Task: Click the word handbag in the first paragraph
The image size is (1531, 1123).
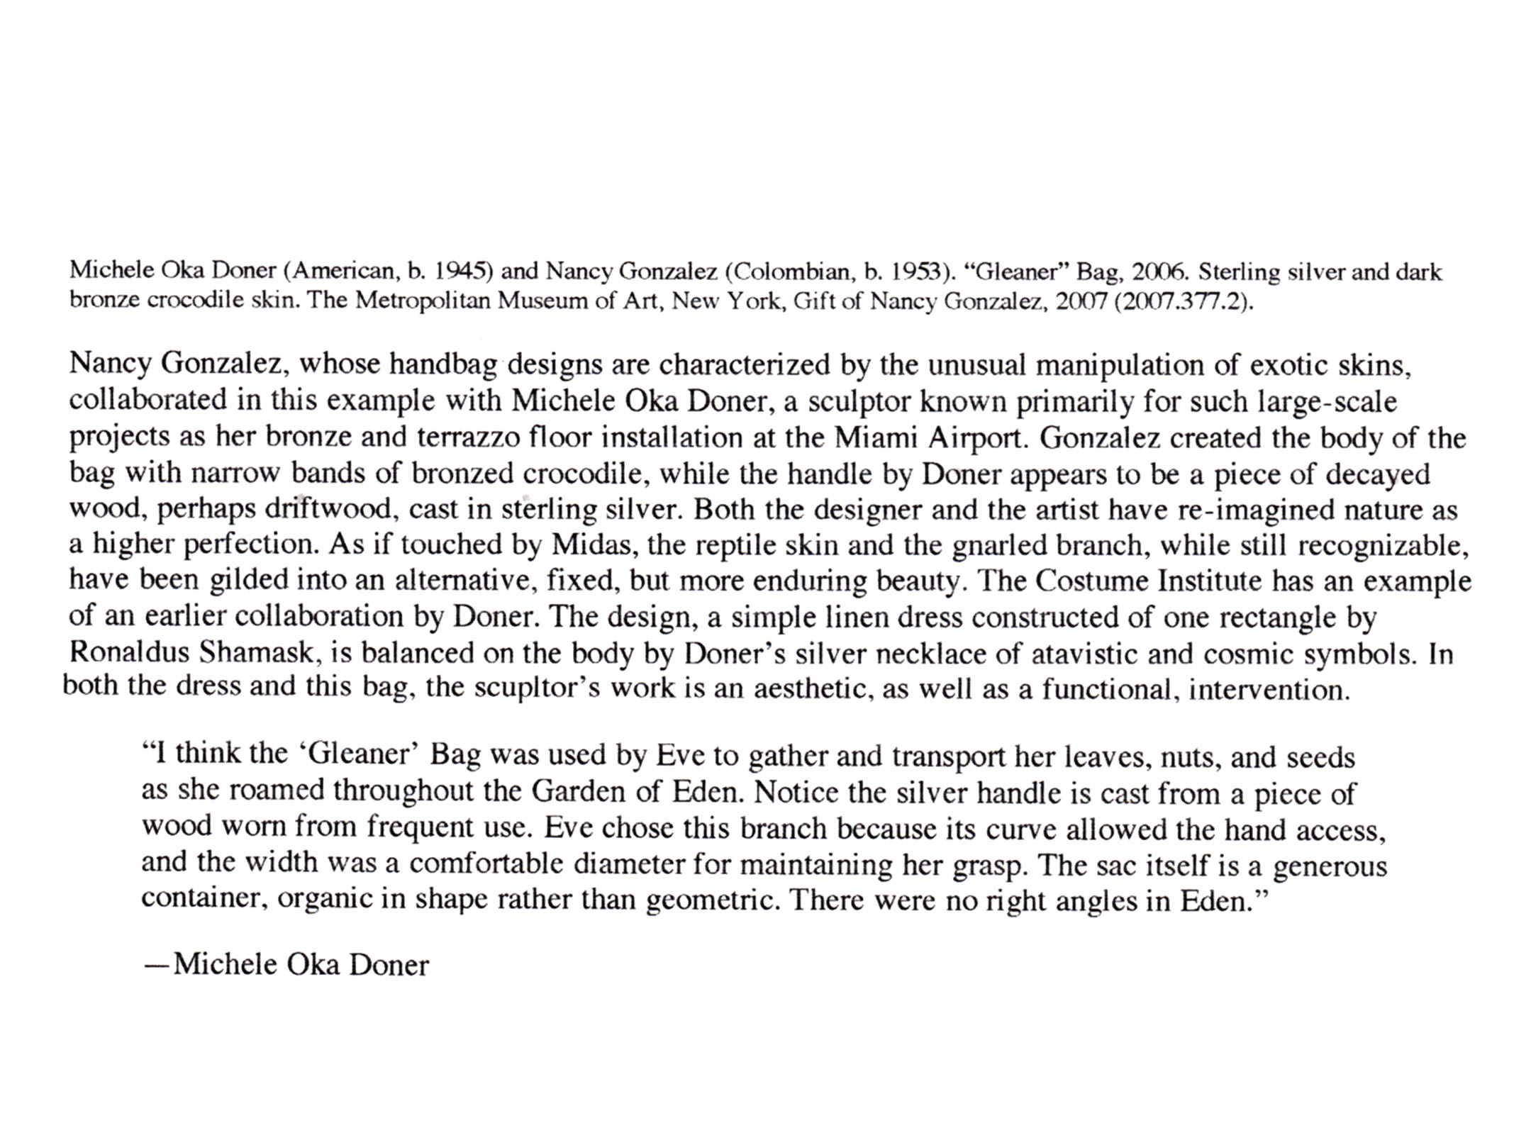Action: coord(444,364)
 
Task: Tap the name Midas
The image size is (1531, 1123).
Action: coord(591,545)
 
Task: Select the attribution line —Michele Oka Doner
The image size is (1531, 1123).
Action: coord(286,965)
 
